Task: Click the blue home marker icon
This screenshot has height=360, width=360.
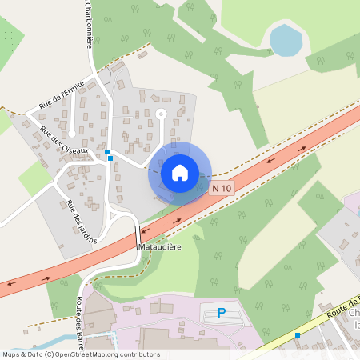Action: click(x=180, y=173)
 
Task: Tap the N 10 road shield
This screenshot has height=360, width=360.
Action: click(x=222, y=188)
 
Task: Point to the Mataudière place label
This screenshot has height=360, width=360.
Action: click(x=160, y=247)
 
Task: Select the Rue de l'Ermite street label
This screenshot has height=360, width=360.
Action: click(x=61, y=100)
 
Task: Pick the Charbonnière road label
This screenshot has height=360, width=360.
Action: click(x=88, y=24)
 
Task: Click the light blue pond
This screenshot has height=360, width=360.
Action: click(x=286, y=39)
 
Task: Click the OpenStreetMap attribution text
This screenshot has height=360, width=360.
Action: click(x=81, y=354)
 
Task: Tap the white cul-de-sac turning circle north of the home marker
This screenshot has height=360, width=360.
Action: click(x=161, y=114)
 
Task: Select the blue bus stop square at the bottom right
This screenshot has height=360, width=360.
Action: click(x=298, y=335)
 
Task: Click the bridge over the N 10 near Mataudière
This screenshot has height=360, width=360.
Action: click(x=138, y=236)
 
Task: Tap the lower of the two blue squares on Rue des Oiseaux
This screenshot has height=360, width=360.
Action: click(x=110, y=158)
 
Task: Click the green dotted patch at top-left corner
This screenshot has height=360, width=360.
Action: click(x=10, y=36)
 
